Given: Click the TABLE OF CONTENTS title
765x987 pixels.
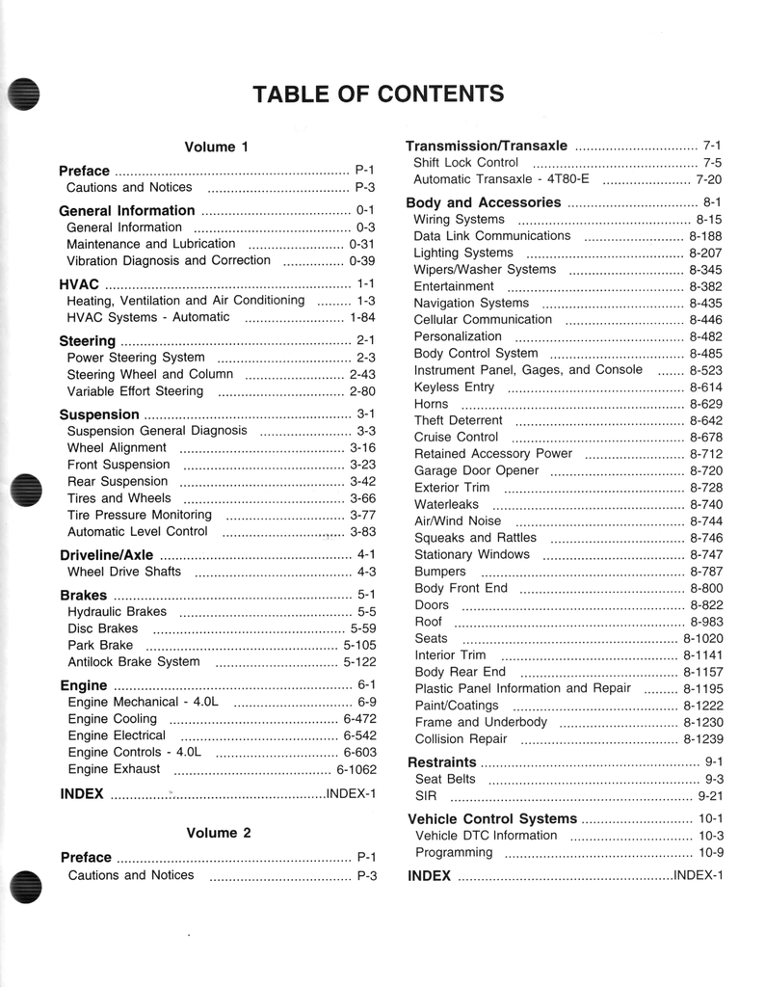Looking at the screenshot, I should pos(378,93).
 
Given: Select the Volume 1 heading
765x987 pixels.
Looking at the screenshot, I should pos(217,147).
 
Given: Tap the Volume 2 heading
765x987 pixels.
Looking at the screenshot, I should pos(219,833).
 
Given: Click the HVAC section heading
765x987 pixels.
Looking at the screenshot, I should pos(80,284).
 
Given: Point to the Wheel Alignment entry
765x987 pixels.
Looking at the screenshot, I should pos(117,447).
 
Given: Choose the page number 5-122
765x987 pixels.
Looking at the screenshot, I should pos(359,662).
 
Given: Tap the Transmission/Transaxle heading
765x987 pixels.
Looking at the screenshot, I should pos(487,146).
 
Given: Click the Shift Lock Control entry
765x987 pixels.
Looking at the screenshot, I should pos(465,163).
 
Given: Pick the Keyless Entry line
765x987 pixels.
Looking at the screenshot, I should pos(454,387).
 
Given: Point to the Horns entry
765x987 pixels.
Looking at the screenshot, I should pos(431,404).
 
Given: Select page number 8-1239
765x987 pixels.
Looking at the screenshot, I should pos(702,739).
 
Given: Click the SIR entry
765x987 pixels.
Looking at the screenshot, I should pos(425,796).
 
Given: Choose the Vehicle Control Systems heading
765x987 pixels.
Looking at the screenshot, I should pos(492,818).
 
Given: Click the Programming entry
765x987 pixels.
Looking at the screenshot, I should pos(453,852).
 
